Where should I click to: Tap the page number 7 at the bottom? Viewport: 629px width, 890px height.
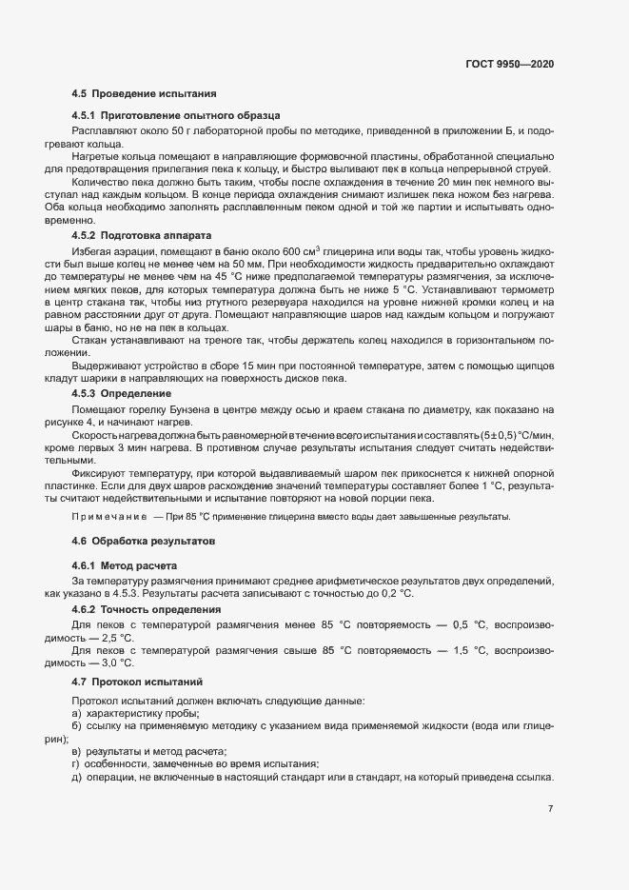550,809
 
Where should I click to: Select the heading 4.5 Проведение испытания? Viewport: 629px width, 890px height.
144,94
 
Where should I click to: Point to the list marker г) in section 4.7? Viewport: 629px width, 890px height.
75,764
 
